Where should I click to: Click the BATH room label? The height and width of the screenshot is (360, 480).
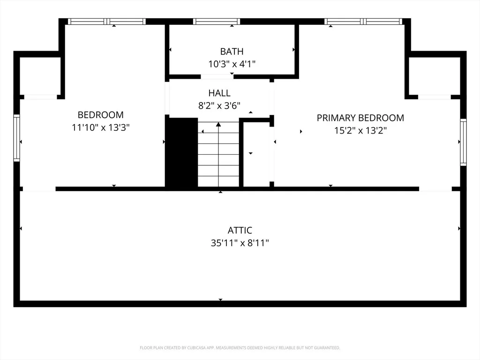point(232,52)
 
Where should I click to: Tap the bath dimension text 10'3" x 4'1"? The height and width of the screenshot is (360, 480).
point(232,64)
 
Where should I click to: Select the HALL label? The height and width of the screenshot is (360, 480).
point(219,93)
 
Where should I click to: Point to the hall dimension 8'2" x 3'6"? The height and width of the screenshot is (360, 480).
point(219,105)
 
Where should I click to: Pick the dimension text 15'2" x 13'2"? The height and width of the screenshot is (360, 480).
point(360,131)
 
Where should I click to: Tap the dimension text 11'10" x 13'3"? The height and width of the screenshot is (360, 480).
point(101,127)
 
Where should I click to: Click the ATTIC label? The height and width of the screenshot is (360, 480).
point(240,230)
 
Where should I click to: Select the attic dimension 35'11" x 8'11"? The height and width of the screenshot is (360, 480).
point(240,243)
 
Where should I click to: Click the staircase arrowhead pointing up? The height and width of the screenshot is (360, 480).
point(218,124)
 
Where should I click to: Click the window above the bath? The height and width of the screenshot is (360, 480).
point(217,22)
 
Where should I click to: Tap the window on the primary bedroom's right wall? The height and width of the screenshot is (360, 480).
point(464,142)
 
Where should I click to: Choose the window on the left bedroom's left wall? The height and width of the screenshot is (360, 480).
point(16,138)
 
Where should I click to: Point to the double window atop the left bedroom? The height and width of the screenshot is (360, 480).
point(106,22)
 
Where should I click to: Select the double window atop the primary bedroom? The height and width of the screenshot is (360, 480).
point(363,22)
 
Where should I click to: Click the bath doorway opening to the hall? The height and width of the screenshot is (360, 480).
point(217,77)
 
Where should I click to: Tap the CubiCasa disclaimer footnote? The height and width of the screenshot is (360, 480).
point(240,348)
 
